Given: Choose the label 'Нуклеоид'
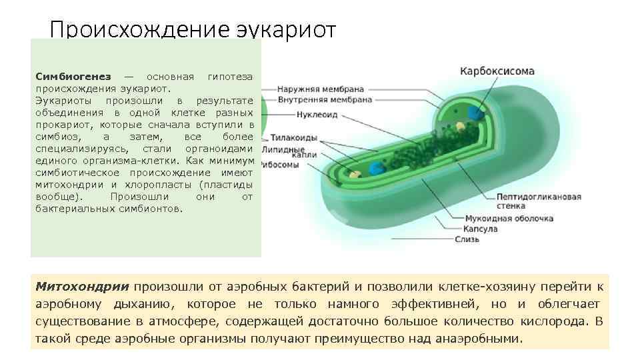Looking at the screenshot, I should click(x=298, y=114).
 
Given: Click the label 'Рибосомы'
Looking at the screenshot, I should click(x=281, y=165).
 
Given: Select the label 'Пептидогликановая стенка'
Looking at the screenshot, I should click(x=538, y=201).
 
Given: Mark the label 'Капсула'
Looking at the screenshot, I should click(x=477, y=229).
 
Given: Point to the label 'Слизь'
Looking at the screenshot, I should click(x=469, y=239).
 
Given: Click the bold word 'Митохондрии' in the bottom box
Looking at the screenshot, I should click(x=82, y=287).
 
